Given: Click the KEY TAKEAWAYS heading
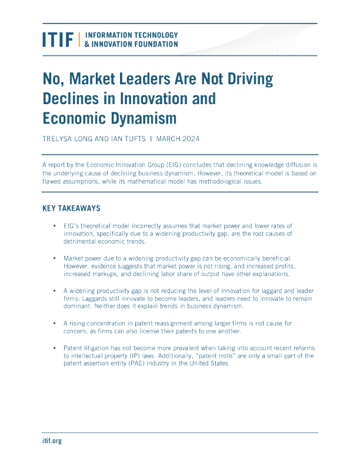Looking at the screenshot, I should tap(71, 208).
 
